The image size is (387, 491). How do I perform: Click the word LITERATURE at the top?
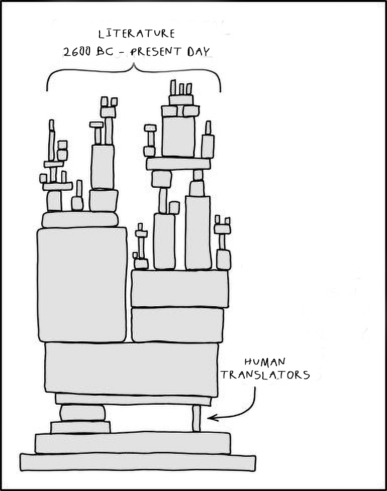136,34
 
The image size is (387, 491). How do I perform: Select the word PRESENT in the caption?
156,51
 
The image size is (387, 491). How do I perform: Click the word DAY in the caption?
199,52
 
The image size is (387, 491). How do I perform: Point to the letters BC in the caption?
105,52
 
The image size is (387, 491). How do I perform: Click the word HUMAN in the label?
265,362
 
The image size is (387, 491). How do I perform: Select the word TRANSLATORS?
266,375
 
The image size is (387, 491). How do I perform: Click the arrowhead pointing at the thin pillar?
212,417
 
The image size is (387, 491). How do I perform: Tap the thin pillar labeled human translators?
196,418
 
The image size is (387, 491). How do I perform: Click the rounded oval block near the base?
82,413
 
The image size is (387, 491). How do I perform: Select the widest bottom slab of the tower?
138,462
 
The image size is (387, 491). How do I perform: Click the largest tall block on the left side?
82,285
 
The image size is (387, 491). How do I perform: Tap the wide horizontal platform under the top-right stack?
178,164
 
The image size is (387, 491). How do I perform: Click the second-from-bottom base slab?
133,443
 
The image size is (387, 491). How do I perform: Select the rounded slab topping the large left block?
80,219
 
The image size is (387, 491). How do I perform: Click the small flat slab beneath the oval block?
80,427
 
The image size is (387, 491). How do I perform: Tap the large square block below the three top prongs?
178,136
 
